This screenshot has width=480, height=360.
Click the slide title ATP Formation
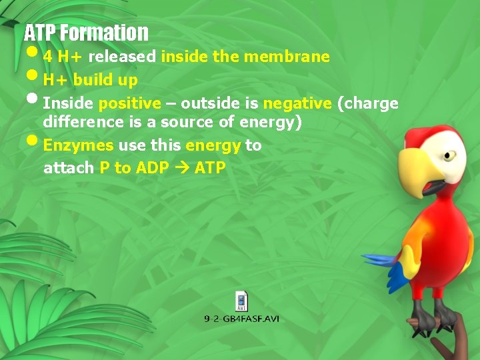(x=86, y=32)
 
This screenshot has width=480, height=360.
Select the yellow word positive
(x=129, y=103)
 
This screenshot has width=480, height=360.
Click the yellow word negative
(x=297, y=103)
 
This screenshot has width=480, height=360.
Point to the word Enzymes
(x=78, y=145)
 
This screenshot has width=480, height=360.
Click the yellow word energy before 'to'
(x=213, y=145)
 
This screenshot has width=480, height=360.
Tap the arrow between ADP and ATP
(x=182, y=168)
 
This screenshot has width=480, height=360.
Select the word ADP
(x=152, y=168)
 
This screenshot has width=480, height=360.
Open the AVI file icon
(x=241, y=301)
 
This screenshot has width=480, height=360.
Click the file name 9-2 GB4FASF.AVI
(x=241, y=319)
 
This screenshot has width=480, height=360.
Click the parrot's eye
(x=449, y=155)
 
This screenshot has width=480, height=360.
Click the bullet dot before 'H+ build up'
(x=34, y=77)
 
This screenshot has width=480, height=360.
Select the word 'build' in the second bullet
(x=92, y=80)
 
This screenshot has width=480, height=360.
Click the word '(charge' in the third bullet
(x=368, y=103)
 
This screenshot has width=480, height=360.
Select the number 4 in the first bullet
(x=48, y=57)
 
